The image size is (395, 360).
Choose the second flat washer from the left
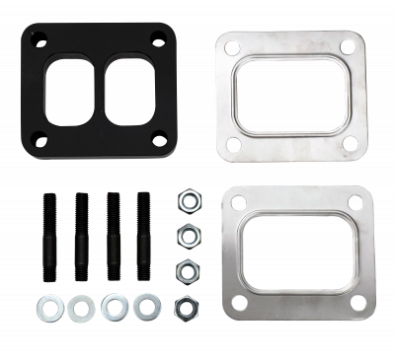pos(78,307)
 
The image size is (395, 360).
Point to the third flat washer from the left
pos(113,307)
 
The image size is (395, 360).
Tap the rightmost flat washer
pos(146,307)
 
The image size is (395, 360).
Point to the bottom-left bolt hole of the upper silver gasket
pos(235,144)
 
